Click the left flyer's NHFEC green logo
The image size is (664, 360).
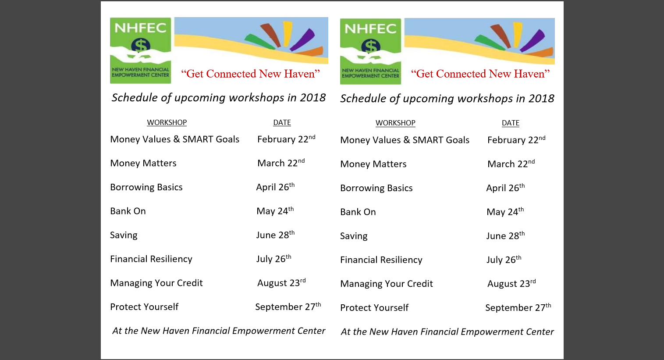pos(141,50)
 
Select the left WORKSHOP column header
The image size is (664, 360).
pos(167,122)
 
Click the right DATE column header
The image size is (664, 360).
pos(511,123)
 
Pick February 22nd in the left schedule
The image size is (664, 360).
pos(286,139)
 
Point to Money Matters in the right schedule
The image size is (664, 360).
pos(373,164)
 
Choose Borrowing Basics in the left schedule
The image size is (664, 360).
pos(146,187)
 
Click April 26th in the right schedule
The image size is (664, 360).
pos(505,188)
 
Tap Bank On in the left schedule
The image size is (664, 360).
pos(128,211)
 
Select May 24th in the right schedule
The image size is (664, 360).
pos(505,212)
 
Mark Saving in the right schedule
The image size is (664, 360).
pos(354,236)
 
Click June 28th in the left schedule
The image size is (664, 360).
pos(275,235)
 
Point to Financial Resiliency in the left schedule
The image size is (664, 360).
pos(151,259)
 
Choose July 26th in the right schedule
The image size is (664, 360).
pos(504,260)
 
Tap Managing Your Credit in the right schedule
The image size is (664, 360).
pos(387,284)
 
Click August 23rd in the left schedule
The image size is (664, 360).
pos(281,282)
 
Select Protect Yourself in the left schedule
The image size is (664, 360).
pos(144,307)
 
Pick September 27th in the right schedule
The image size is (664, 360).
pos(518,307)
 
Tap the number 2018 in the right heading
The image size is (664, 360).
pos(542,99)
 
